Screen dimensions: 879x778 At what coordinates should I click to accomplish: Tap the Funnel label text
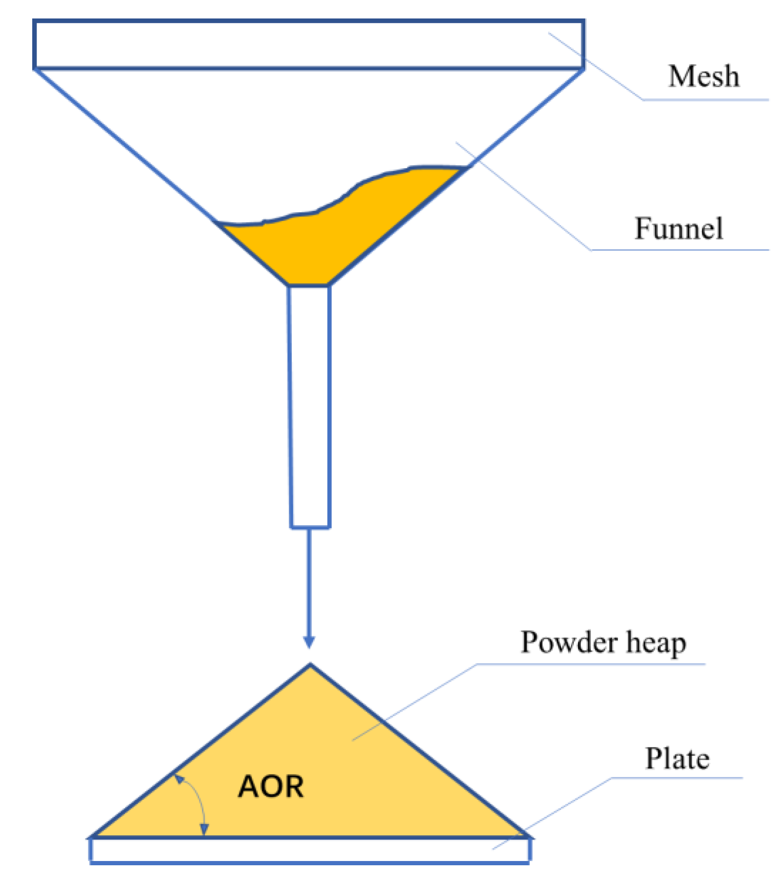point(678,228)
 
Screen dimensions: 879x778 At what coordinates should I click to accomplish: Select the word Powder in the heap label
point(569,643)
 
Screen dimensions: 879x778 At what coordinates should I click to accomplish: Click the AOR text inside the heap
point(271,787)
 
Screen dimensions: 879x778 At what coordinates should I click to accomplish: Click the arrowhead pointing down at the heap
point(309,642)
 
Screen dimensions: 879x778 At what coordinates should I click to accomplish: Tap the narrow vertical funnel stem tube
point(310,407)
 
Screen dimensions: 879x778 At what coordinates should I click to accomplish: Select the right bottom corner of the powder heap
point(526,835)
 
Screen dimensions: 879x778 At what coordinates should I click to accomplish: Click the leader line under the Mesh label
point(706,100)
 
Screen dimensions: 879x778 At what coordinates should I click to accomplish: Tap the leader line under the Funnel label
point(680,250)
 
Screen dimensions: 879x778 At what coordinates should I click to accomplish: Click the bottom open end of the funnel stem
point(310,527)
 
